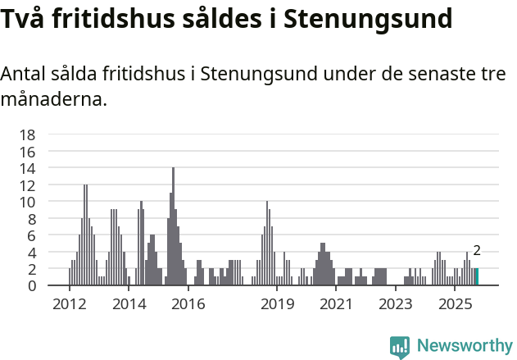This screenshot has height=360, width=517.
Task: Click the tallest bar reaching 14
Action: point(173,226)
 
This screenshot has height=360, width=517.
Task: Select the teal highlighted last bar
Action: point(476,277)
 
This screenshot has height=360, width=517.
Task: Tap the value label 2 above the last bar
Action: point(476,252)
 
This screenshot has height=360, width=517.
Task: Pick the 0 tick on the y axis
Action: point(30,285)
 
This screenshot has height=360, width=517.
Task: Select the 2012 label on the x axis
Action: point(70,304)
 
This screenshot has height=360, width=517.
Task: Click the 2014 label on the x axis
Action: point(129,304)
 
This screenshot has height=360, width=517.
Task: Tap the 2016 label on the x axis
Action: point(188,304)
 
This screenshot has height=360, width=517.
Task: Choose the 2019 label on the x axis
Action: point(277,304)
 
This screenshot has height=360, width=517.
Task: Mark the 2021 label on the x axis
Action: point(336,304)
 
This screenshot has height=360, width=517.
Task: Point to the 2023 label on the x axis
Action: point(395,304)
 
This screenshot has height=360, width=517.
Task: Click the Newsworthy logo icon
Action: point(400,347)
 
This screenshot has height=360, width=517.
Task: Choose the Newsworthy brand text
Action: point(464,346)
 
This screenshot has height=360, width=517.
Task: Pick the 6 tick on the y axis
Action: point(30,235)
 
